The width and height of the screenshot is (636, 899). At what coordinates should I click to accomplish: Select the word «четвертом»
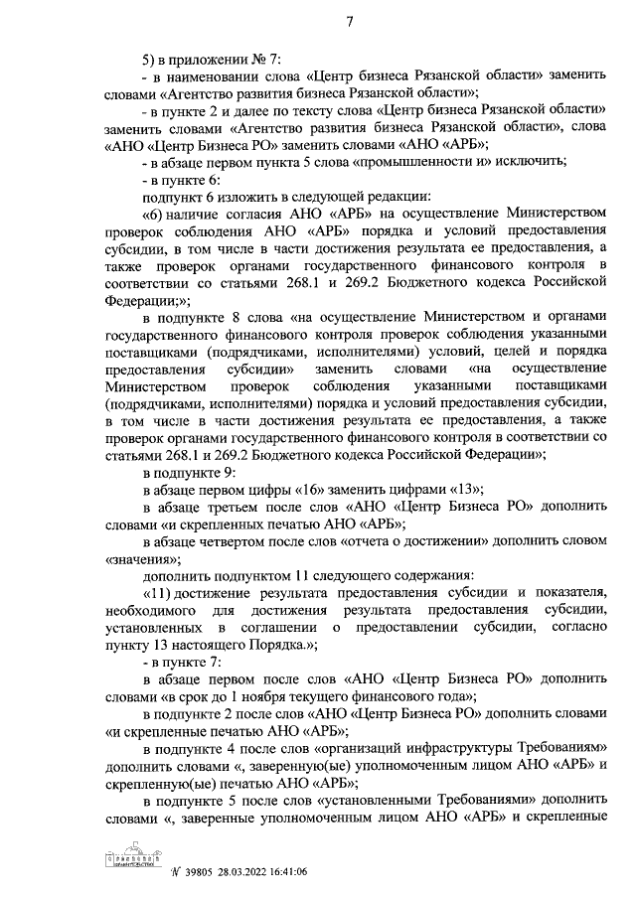pos(234,541)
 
